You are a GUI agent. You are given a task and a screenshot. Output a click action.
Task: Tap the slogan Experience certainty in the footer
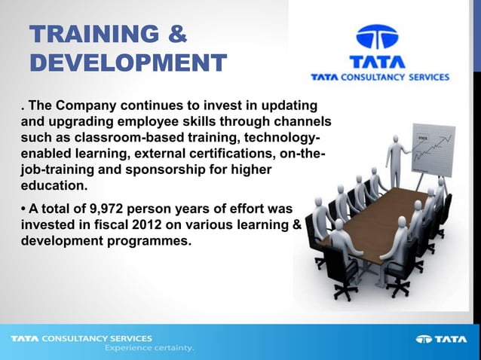click(149, 349)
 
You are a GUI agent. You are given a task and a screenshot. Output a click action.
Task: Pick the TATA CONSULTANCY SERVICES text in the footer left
click(81, 338)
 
